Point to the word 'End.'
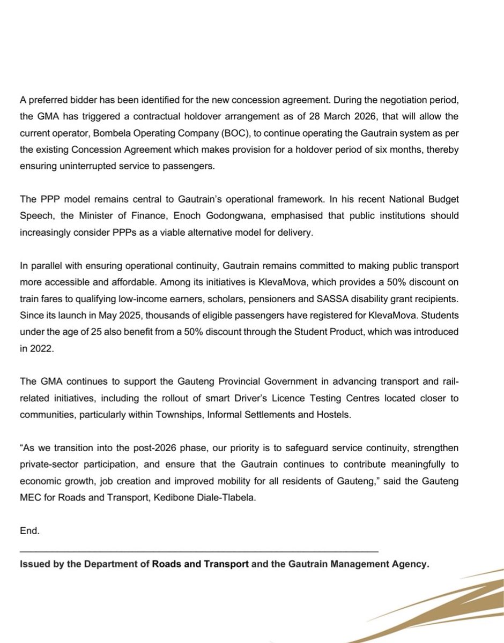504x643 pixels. click(29, 531)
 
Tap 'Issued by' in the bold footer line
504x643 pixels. click(39, 564)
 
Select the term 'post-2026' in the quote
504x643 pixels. click(132, 447)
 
